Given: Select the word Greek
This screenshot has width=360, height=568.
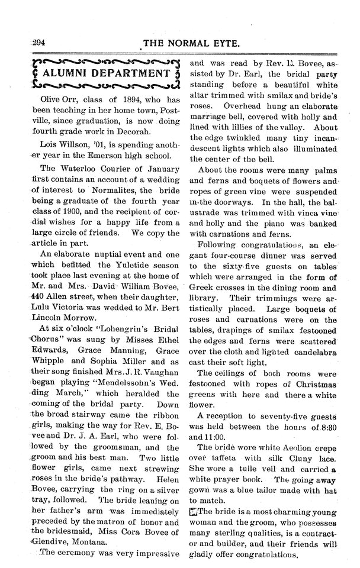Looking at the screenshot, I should click(204, 289).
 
